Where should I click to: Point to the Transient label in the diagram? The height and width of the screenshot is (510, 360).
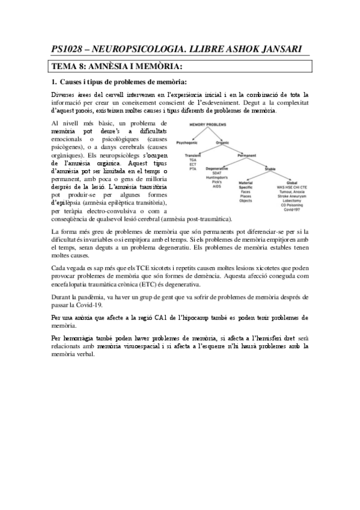click(192, 155)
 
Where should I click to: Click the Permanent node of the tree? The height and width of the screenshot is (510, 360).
click(246, 155)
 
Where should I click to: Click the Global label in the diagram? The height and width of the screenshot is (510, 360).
click(291, 182)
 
